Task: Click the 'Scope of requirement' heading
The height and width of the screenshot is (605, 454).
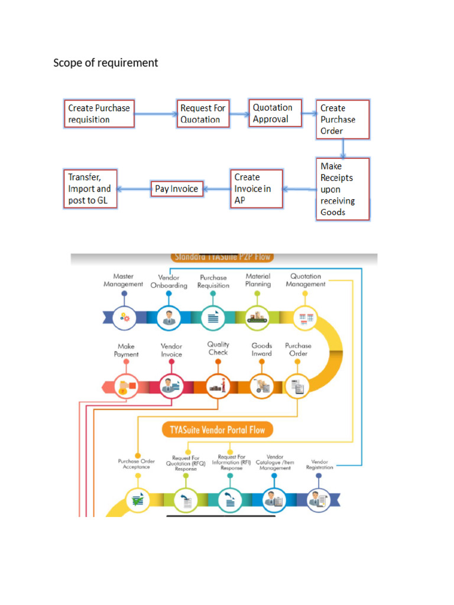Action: click(106, 63)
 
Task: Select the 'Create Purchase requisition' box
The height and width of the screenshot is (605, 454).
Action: click(99, 114)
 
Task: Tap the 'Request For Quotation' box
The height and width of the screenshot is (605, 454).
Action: click(203, 113)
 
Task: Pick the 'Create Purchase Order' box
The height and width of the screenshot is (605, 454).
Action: click(342, 119)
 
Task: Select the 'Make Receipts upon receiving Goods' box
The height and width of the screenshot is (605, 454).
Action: click(343, 189)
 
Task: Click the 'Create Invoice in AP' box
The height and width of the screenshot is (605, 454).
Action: click(256, 188)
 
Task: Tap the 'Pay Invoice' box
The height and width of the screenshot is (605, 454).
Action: click(176, 189)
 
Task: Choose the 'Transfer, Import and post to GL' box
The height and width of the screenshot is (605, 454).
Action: click(90, 188)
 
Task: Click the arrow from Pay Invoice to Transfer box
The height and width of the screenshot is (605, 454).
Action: click(133, 189)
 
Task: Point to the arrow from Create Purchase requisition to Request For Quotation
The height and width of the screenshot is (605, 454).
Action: click(156, 114)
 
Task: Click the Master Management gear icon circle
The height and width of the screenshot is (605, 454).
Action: click(124, 318)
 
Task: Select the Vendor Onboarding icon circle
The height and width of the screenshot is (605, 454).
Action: click(169, 318)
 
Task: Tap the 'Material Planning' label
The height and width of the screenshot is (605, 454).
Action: click(258, 280)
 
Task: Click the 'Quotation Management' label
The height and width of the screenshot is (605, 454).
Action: click(306, 280)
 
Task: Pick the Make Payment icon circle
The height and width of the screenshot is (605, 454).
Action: click(125, 387)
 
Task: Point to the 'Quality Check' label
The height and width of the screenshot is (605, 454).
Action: click(218, 349)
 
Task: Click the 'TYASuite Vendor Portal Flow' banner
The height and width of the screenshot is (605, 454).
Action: click(218, 430)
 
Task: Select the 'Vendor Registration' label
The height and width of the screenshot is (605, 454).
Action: click(319, 464)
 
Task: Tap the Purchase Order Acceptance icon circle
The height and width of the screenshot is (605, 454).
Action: click(138, 500)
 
